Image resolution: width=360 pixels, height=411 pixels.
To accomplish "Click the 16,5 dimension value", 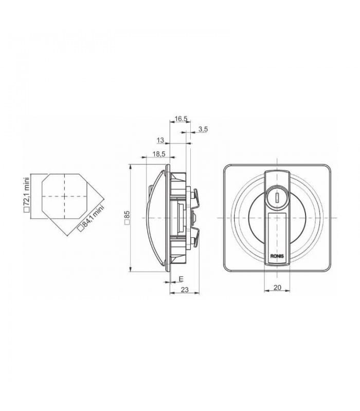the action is (182, 119).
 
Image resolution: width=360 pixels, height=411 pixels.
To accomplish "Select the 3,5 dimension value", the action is (203, 129).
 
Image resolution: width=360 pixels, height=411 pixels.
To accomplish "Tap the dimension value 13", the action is (160, 140).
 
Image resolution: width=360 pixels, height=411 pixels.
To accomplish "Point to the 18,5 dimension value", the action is (159, 154).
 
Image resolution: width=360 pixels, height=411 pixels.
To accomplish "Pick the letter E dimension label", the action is (181, 279).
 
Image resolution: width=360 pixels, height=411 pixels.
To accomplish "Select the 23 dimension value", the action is (185, 290).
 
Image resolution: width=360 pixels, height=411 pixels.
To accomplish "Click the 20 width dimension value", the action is (277, 288).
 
